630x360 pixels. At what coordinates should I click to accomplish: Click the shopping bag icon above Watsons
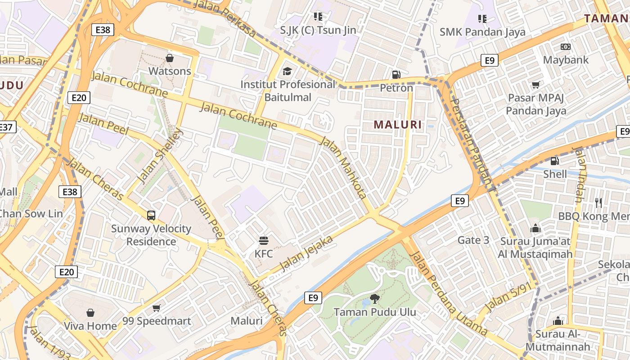point(170,58)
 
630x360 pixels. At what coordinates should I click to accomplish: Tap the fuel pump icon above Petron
point(396,74)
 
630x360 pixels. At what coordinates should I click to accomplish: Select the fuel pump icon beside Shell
point(555,161)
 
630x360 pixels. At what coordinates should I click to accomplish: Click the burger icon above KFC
point(263,241)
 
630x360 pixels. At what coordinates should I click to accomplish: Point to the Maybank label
point(566,60)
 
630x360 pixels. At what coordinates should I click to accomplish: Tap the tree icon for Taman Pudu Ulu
point(374,298)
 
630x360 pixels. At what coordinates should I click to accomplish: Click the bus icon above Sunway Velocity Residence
point(151,216)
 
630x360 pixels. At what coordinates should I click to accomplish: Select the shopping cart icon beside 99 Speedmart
point(156,308)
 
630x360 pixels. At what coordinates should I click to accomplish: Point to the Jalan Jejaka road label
point(306,254)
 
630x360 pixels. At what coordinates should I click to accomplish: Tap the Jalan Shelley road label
point(160,155)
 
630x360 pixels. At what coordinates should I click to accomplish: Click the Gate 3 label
point(473,240)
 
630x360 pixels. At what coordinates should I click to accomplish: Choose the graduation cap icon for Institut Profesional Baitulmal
point(287,71)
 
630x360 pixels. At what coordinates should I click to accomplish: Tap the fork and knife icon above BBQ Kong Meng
point(598,203)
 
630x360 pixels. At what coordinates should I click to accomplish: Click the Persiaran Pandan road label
point(471,141)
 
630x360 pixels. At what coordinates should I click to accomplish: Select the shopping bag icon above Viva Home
point(90,313)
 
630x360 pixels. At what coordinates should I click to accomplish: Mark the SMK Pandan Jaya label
point(482,32)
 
